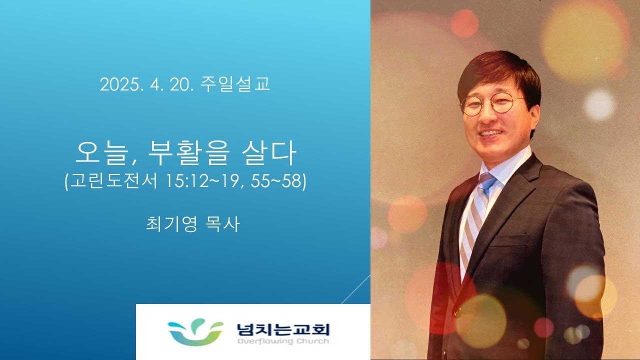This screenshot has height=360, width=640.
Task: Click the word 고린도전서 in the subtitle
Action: coord(113,181)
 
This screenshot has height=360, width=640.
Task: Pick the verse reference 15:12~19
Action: coord(202,181)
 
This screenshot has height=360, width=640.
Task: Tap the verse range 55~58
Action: coord(276,181)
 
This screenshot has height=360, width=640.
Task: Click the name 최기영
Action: coord(171,224)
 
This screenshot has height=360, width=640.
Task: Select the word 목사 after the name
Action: coord(222,224)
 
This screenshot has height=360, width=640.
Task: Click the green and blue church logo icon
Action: coord(195,332)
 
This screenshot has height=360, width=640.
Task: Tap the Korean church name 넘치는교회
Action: coord(283,329)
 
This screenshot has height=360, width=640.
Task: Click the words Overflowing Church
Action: coord(283,341)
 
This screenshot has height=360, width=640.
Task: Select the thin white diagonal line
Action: coord(355,289)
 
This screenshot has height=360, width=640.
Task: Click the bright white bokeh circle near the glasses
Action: coord(599,104)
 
